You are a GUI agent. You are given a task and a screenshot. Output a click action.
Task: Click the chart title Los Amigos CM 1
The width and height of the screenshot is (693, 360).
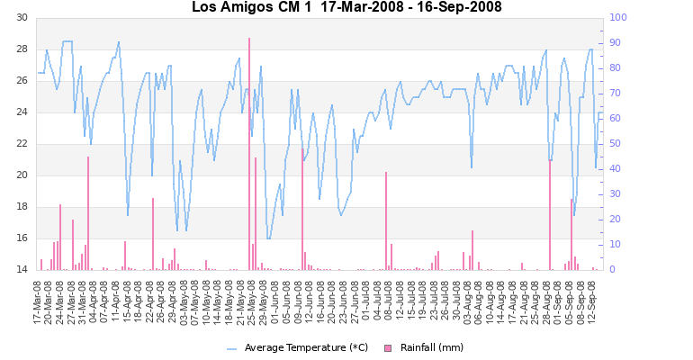click(x=346, y=7)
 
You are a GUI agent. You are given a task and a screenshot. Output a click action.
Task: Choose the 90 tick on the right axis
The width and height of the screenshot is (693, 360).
click(x=616, y=42)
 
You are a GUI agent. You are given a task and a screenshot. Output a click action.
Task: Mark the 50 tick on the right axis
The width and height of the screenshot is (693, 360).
click(x=616, y=144)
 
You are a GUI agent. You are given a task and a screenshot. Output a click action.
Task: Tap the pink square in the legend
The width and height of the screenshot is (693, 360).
click(x=389, y=347)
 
